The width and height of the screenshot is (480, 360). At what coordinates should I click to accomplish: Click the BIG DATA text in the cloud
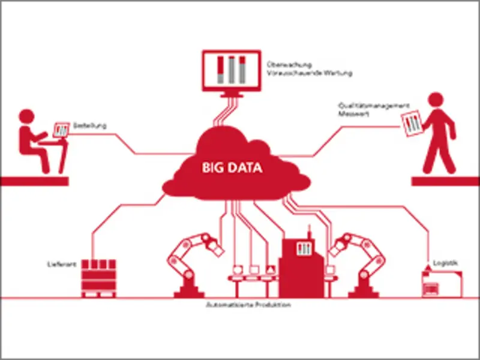231,168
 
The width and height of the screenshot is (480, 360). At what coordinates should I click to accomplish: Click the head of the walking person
436,100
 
